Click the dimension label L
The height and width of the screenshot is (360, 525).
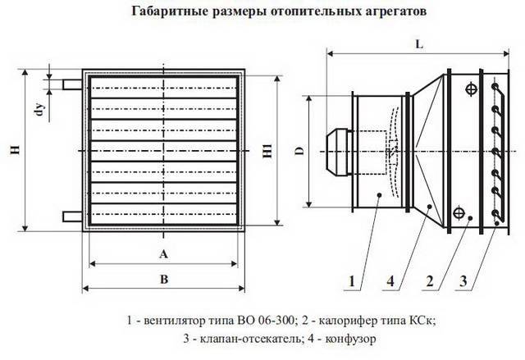tap(419, 44)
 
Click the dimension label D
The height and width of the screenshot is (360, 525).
tap(300, 151)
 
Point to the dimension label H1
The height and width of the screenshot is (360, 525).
tap(267, 151)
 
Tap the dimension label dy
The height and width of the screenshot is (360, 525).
tap(40, 109)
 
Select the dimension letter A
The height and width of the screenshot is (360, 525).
tap(163, 254)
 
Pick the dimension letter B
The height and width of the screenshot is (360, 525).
tap(164, 279)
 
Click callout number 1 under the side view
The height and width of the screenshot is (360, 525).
tap(352, 281)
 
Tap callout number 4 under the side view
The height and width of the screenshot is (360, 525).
tap(390, 281)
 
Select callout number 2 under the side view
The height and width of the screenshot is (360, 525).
tap(430, 281)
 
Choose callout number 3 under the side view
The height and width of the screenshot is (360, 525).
tap(463, 281)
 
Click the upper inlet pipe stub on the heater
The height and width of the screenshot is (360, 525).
tap(72, 84)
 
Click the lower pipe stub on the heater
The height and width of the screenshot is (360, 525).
tap(72, 216)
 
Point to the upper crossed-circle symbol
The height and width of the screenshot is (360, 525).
tap(472, 89)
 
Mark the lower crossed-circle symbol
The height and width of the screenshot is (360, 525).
tap(459, 213)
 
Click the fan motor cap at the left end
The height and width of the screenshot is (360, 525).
tap(336, 152)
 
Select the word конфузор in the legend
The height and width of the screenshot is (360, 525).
tap(351, 339)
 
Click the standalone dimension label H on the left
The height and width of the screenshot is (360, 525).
tap(16, 150)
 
